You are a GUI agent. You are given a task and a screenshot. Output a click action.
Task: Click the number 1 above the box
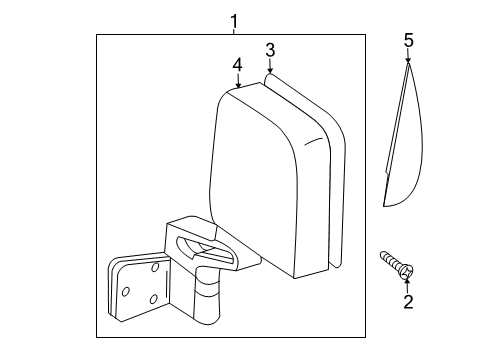pyautogui.click(x=234, y=20)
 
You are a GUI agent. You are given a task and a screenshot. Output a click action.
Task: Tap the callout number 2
pyautogui.click(x=407, y=301)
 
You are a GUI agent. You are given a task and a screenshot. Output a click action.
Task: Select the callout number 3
pyautogui.click(x=270, y=50)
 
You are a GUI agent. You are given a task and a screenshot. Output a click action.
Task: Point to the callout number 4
pyautogui.click(x=237, y=65)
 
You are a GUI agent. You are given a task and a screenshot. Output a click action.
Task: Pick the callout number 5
pyautogui.click(x=408, y=40)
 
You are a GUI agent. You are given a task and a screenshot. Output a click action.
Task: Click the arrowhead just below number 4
pyautogui.click(x=238, y=85)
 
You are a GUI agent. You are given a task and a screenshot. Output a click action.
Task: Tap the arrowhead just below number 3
pyautogui.click(x=268, y=72)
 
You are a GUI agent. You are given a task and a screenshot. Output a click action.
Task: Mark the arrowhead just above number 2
pyautogui.click(x=407, y=282)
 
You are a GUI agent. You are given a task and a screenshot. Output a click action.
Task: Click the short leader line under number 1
pyautogui.click(x=234, y=32)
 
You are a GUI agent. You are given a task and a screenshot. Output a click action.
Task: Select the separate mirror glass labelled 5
pyautogui.click(x=403, y=150)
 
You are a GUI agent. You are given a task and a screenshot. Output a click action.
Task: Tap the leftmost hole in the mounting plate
pyautogui.click(x=127, y=291)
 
